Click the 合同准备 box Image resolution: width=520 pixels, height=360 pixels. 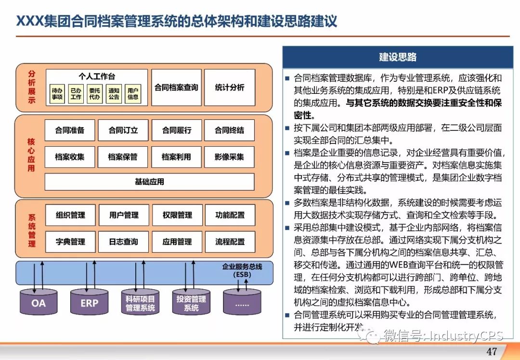70,130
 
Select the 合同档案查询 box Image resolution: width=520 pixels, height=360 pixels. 176,88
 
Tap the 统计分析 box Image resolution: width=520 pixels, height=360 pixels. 229,88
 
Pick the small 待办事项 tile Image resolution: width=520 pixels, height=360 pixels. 57,94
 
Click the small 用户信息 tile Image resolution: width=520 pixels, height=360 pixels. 133,94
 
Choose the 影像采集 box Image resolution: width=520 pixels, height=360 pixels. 229,157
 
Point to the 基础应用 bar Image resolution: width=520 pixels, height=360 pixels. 149,182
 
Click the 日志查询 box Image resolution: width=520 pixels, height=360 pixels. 123,242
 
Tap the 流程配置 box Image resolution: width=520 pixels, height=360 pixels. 230,242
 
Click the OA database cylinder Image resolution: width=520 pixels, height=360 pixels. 39,302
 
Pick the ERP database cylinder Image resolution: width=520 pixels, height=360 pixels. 90,302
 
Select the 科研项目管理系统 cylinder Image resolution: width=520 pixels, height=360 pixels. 140,302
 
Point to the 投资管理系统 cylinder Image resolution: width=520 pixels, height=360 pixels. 191,302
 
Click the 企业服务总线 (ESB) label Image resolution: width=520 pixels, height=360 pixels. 242,270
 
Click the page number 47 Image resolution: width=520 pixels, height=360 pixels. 492,351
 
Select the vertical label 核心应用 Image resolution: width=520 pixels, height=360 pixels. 31,155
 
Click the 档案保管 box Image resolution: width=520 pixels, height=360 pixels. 123,157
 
